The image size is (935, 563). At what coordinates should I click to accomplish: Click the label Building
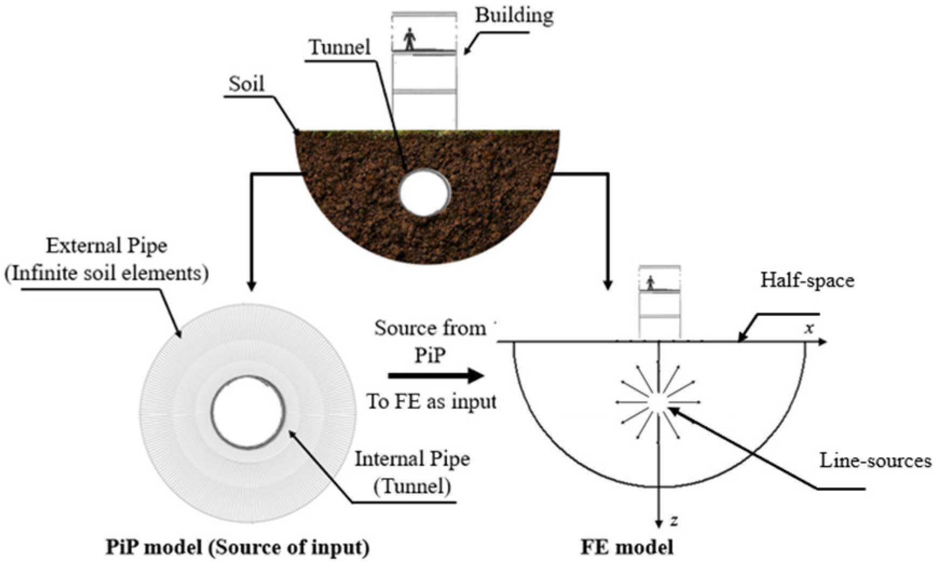click(x=514, y=15)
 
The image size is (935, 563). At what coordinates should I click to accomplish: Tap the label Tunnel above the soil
click(x=340, y=47)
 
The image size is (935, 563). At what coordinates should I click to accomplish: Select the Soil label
click(x=246, y=84)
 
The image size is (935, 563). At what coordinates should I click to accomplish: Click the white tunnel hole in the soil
click(x=425, y=193)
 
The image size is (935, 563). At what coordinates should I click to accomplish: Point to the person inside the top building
click(x=410, y=39)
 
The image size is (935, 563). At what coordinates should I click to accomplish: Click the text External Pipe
click(x=107, y=246)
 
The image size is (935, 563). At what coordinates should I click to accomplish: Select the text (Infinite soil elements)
click(x=107, y=273)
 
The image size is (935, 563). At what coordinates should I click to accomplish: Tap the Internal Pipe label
click(x=412, y=459)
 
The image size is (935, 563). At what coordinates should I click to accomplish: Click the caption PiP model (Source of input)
click(x=237, y=547)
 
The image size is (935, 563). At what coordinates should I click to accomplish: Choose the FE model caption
click(x=627, y=547)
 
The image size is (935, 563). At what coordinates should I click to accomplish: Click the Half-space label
click(x=807, y=280)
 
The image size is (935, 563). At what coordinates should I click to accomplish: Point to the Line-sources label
click(x=876, y=461)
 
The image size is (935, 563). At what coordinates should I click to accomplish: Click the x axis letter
click(x=808, y=328)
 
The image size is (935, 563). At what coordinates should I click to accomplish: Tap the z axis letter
click(x=674, y=521)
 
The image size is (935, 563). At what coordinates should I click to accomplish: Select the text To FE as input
click(x=431, y=402)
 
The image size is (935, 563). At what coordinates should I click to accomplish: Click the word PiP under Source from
click(x=430, y=355)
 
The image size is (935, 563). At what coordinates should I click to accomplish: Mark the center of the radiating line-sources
click(x=658, y=402)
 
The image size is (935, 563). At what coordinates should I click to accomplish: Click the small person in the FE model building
click(x=651, y=283)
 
